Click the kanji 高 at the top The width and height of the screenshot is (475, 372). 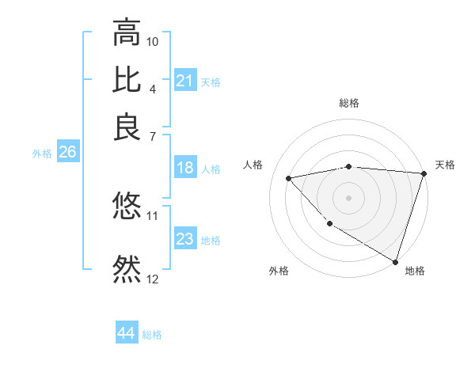(127, 33)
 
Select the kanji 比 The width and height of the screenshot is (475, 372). (127, 80)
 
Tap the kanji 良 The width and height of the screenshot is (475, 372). (127, 127)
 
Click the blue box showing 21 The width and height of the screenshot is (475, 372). (184, 81)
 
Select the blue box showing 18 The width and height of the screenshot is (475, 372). (184, 168)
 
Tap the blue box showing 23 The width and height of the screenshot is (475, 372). (184, 239)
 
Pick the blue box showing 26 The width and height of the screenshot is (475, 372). (67, 153)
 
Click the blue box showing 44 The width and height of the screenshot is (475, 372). (126, 333)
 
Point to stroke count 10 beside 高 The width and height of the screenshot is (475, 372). (153, 40)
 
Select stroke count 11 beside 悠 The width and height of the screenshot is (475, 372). (153, 214)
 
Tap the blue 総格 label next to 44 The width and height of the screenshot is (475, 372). (152, 335)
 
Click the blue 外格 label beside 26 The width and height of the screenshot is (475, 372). (41, 154)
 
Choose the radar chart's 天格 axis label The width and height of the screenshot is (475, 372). (445, 165)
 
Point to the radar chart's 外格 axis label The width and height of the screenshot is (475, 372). (279, 271)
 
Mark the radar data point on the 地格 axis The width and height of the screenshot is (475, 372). (395, 261)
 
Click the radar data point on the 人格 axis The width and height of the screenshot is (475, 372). (289, 178)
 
